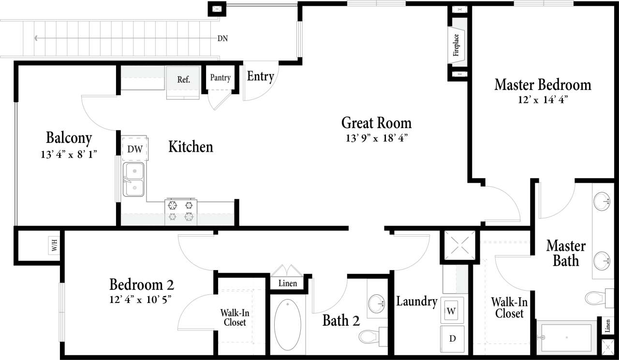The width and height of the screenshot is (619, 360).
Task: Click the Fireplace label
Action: (x=456, y=45)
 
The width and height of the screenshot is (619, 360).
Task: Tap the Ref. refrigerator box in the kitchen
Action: (x=183, y=80)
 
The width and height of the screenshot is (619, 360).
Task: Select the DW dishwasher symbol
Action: (x=135, y=149)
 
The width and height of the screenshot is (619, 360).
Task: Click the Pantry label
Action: (x=220, y=78)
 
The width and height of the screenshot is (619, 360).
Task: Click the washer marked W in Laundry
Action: (x=451, y=310)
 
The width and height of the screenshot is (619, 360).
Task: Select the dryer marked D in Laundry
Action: (x=452, y=338)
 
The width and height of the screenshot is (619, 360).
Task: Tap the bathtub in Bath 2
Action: (x=288, y=325)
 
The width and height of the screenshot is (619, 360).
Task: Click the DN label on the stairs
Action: (x=223, y=38)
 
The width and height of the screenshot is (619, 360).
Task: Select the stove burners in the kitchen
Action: (x=180, y=211)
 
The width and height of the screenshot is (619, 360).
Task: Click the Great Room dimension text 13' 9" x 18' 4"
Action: (x=377, y=138)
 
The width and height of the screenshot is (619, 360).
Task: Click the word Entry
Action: (x=261, y=76)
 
